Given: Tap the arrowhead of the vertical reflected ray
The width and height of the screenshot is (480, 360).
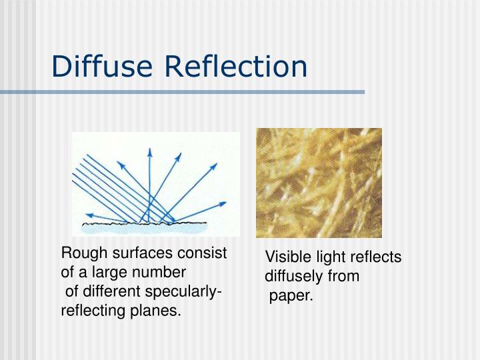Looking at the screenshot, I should [x=149, y=151].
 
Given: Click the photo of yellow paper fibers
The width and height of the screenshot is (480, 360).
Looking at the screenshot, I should [x=319, y=182].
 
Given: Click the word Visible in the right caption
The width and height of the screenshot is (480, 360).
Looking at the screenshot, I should [x=287, y=257].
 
